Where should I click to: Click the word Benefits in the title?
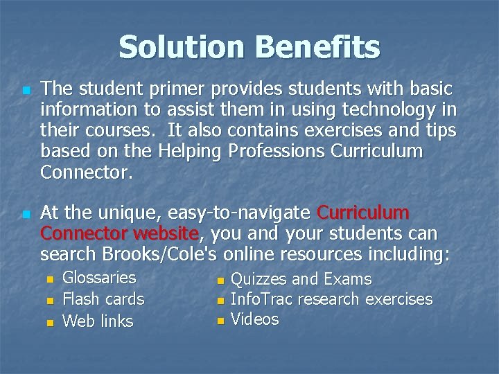coord(317,48)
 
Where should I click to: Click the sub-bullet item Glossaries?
coord(99,278)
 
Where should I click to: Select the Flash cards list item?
coord(103,299)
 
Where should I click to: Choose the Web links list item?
coord(98,321)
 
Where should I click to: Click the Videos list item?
coord(254,319)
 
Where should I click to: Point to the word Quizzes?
coord(258,280)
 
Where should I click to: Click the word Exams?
coord(348,280)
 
